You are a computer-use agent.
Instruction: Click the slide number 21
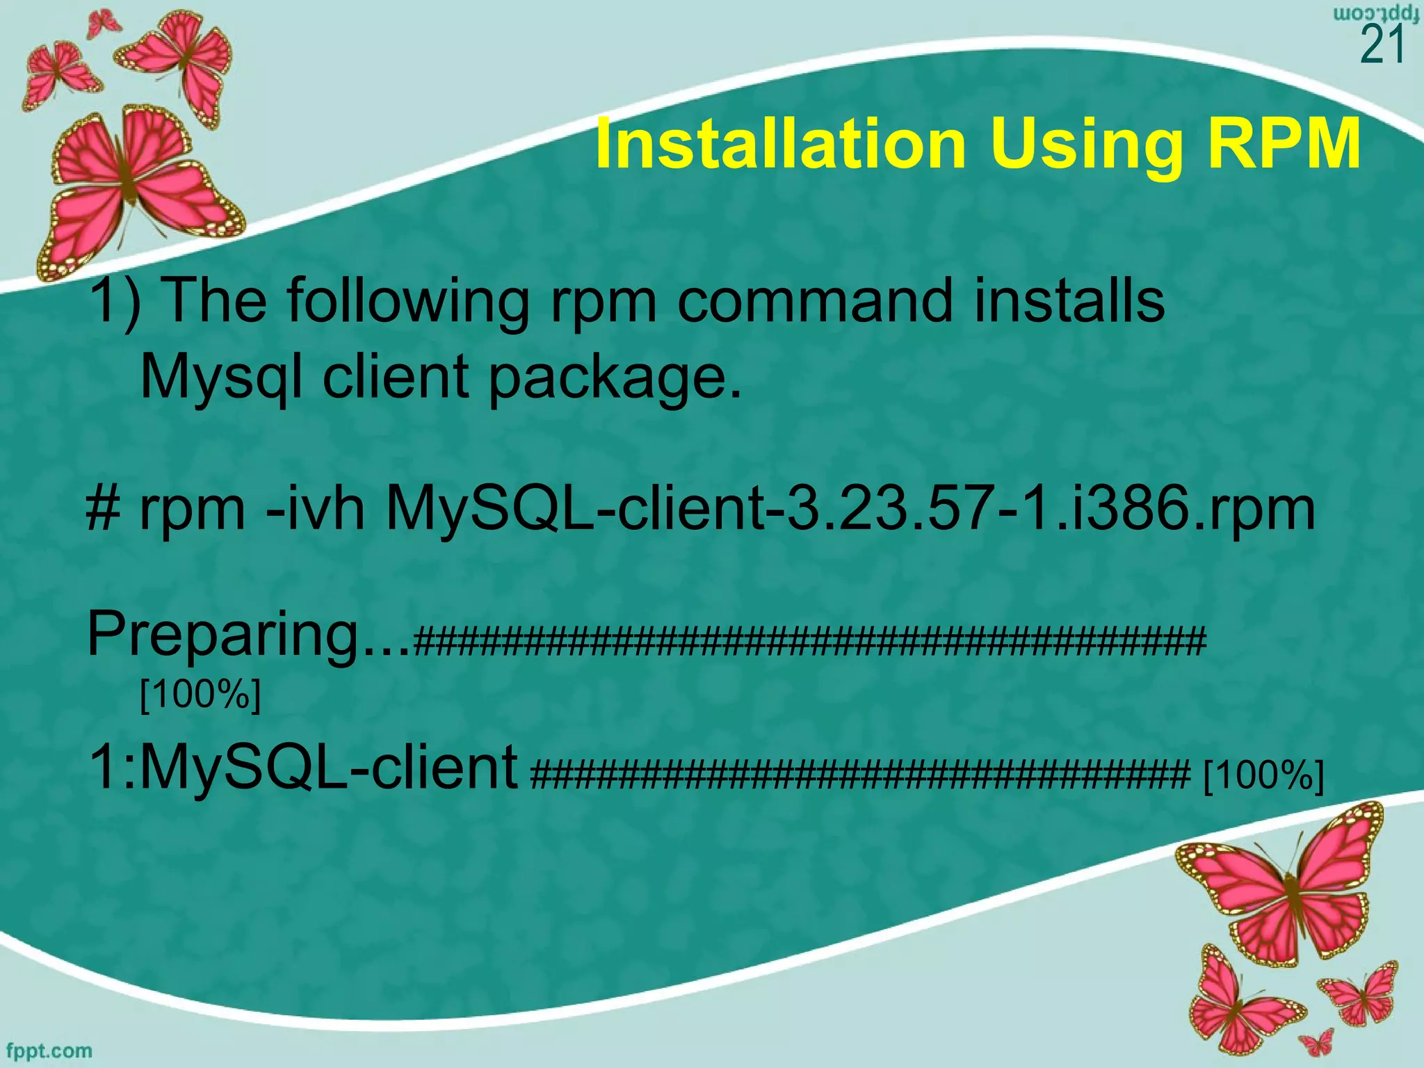pyautogui.click(x=1382, y=46)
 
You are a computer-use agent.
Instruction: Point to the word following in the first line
pyautogui.click(x=407, y=302)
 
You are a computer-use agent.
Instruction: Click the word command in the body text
pyautogui.click(x=814, y=300)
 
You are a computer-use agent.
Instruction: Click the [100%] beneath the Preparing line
pyautogui.click(x=200, y=693)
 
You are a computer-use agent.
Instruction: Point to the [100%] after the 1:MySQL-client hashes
pyautogui.click(x=1263, y=775)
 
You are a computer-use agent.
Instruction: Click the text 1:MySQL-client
pyautogui.click(x=303, y=768)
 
